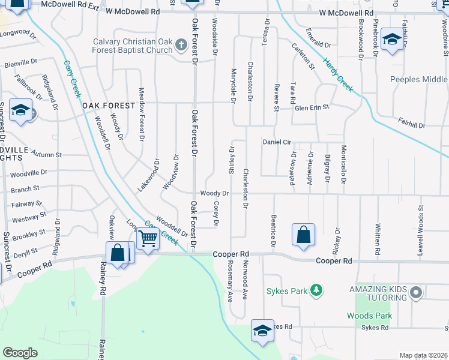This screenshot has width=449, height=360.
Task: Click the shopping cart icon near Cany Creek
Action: (148, 238)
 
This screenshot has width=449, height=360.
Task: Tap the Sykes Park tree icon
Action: (316, 291)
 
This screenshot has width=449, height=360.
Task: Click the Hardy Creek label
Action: (337, 74)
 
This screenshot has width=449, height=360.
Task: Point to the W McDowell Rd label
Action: (346, 13)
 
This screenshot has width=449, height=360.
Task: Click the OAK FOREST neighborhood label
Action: (109, 106)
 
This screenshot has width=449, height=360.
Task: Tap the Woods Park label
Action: (369, 316)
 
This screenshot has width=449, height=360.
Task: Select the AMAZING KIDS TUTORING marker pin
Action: (415, 293)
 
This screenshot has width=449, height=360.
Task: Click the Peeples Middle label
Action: (418, 80)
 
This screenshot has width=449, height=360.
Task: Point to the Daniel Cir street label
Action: (277, 142)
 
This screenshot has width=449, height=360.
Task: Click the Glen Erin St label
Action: (312, 107)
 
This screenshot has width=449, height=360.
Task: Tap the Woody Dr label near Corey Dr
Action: (214, 193)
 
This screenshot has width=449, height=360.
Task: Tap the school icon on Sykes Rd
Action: (262, 331)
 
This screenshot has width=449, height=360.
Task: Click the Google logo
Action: (20, 353)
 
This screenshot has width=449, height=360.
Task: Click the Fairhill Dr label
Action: (411, 125)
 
